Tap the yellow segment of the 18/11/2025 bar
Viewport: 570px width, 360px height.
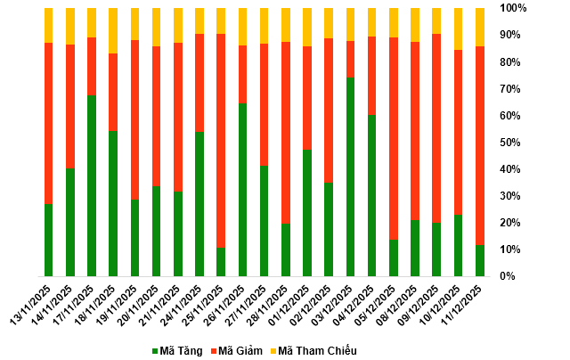click(x=113, y=31)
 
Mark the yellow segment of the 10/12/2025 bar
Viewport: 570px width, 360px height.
click(x=459, y=29)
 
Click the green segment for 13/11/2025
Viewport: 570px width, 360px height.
click(x=48, y=240)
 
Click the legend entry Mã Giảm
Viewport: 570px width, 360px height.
click(x=236, y=351)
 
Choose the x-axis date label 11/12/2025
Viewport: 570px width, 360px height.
click(x=465, y=305)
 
